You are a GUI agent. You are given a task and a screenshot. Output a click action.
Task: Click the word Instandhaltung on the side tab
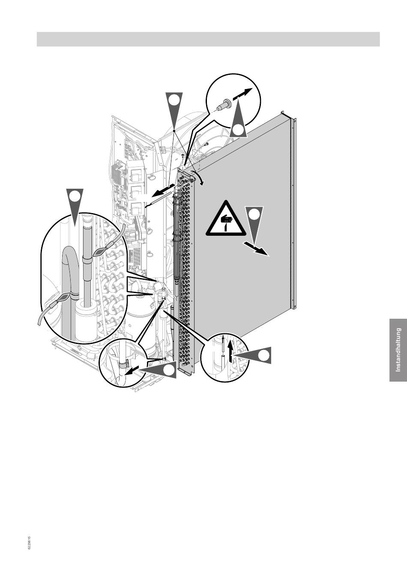[398, 350]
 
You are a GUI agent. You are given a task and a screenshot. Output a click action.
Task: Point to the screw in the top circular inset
[224, 105]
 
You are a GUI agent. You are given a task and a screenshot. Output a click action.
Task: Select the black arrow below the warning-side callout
[256, 249]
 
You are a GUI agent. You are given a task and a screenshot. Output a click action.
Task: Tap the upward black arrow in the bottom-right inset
[231, 353]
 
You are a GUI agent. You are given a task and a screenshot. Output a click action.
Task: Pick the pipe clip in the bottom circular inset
[123, 365]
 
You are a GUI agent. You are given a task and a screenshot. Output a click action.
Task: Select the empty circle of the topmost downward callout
[174, 100]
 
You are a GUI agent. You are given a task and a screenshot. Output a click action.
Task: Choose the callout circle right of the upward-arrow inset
[264, 355]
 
